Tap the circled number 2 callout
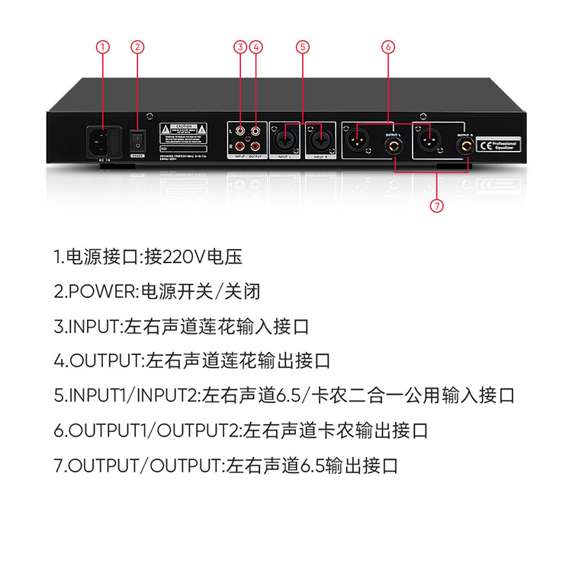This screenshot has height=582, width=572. click(x=137, y=47)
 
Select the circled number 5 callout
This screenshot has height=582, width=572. click(x=303, y=47)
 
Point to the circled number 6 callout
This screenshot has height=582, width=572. click(x=388, y=47)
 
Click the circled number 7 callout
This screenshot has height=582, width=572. click(x=437, y=205)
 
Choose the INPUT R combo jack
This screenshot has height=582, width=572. click(x=320, y=139)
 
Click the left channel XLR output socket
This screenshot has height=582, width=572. click(x=357, y=140)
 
